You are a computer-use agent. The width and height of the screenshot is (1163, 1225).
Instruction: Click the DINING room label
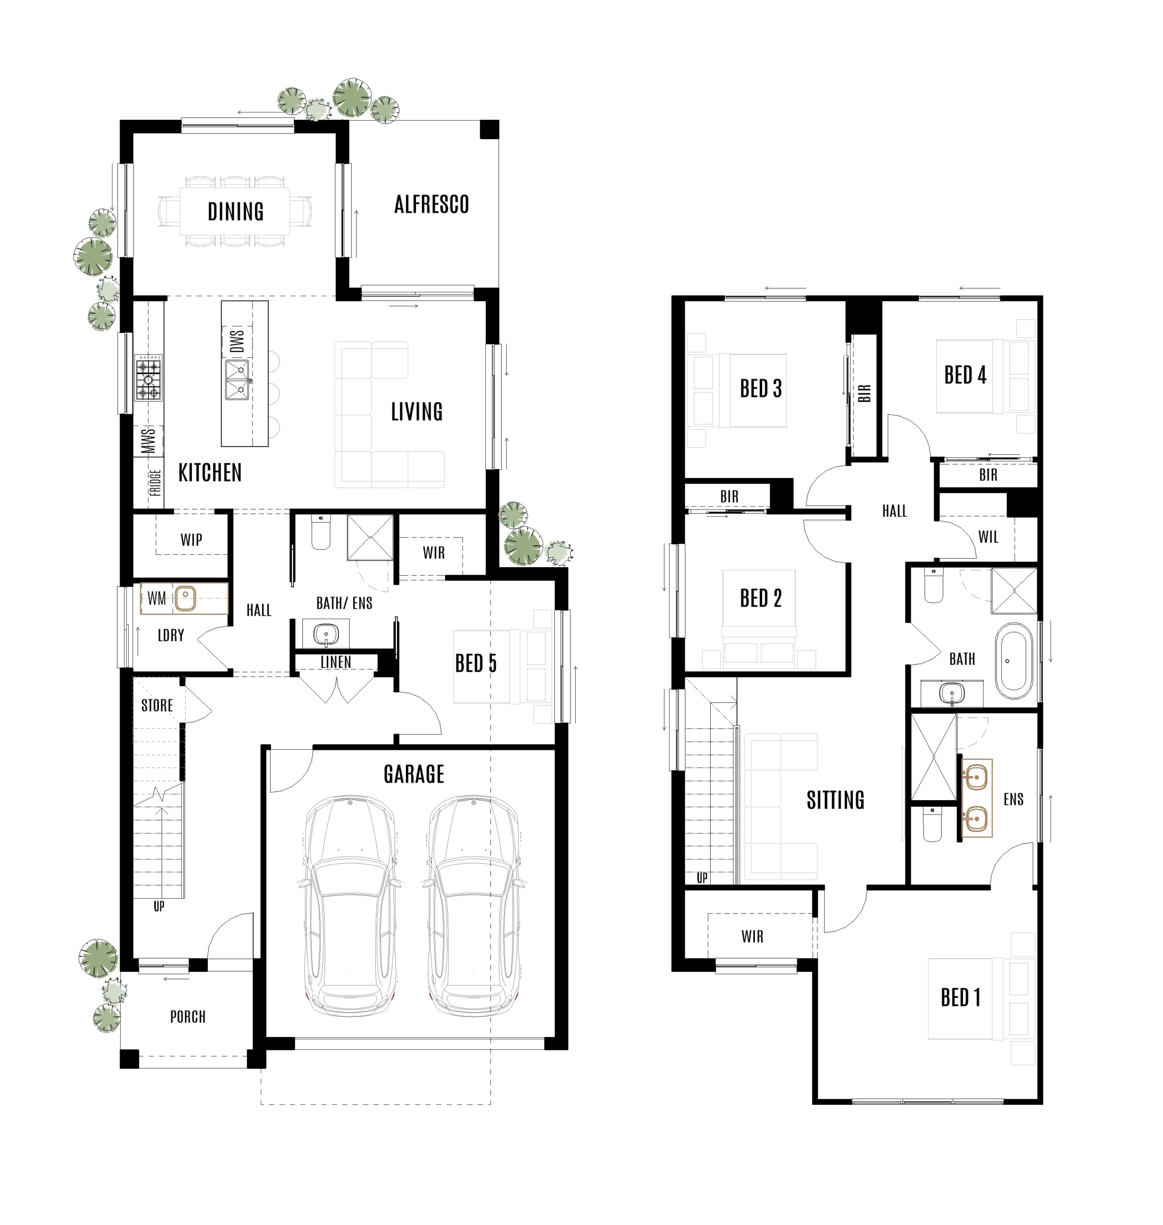coord(235,212)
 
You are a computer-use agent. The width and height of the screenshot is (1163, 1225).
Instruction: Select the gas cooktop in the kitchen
coord(149,378)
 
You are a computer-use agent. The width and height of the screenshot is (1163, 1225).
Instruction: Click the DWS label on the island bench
coord(237,341)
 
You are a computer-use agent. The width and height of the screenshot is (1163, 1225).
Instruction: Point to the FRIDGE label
coord(155,482)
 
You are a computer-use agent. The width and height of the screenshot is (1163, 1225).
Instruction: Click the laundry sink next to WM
coord(185,599)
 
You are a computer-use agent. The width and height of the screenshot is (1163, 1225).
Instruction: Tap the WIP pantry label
coord(191,539)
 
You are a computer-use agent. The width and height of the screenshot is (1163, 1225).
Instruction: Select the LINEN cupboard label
coord(335,662)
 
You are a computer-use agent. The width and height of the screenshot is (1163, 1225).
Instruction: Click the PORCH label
coord(187,1017)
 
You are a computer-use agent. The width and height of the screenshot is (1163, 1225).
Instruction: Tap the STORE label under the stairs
coord(157,705)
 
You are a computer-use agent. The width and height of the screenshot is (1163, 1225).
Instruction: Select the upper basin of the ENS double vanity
coord(976,776)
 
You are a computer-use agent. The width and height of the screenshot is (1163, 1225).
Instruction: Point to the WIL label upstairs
coord(988,537)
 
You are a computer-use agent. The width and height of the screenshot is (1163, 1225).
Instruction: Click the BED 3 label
coord(760,389)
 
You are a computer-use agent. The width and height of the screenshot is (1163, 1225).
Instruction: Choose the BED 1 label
coord(960,998)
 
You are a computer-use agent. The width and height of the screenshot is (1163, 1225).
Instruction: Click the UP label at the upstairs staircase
coord(702,878)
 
